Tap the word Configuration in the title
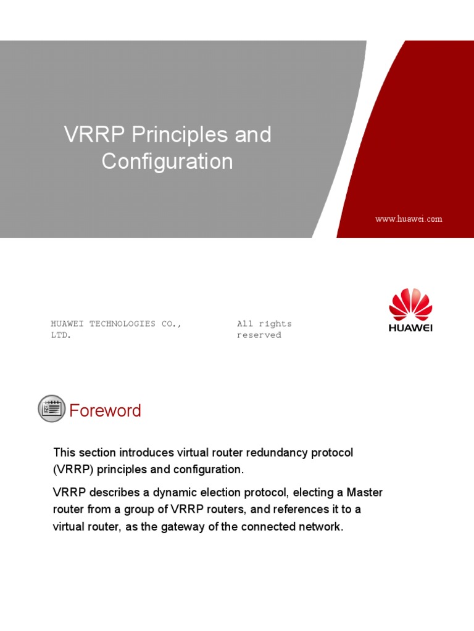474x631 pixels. pyautogui.click(x=167, y=161)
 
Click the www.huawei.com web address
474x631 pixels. pyautogui.click(x=409, y=219)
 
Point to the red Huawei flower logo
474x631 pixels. pyautogui.click(x=410, y=304)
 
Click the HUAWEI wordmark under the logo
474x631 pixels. pyautogui.click(x=410, y=328)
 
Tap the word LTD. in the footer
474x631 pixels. pyautogui.click(x=61, y=335)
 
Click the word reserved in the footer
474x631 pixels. pyautogui.click(x=259, y=335)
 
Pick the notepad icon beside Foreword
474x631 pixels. pyautogui.click(x=51, y=409)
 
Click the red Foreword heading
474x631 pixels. pyautogui.click(x=105, y=410)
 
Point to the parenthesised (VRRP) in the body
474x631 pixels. pyautogui.click(x=73, y=470)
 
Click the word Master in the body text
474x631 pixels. pyautogui.click(x=365, y=492)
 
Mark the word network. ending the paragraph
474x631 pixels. pyautogui.click(x=319, y=527)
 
